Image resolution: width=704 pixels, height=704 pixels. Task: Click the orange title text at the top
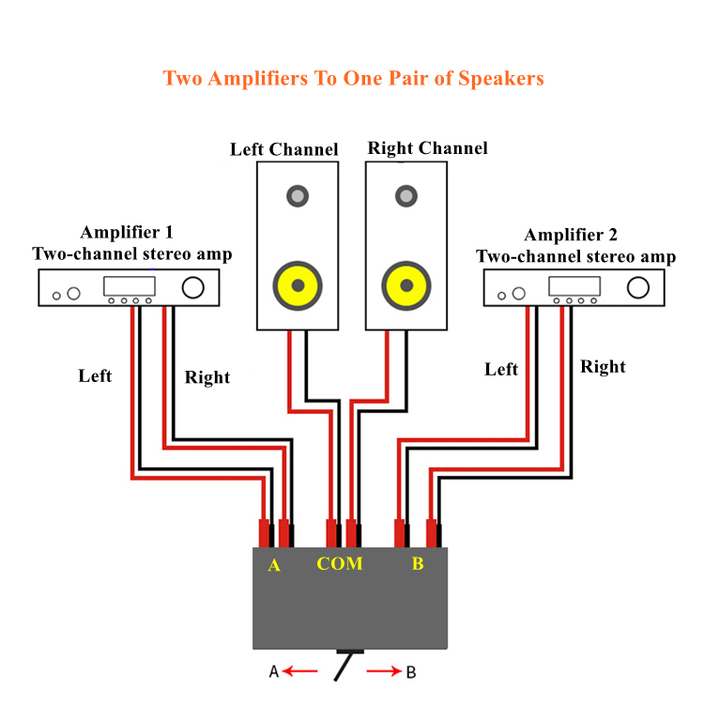coord(353,78)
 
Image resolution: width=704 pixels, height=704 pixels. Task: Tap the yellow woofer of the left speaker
coord(298,284)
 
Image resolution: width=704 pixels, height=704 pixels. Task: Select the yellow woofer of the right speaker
coord(406,284)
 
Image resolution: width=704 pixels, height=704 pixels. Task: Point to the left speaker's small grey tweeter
coord(298,196)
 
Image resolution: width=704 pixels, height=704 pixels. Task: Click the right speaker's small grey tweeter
coord(406,196)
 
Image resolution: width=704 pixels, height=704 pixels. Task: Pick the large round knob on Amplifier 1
coord(194,287)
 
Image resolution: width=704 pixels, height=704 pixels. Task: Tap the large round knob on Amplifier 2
coord(638,287)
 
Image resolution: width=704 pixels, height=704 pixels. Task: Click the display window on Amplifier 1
coord(129,286)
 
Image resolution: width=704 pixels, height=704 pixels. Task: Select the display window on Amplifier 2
coord(574,286)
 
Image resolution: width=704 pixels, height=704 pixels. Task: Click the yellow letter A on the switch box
coord(274,565)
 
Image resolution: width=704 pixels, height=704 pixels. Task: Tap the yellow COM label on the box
coord(339,564)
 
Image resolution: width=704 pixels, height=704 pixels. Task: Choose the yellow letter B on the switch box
coord(418,564)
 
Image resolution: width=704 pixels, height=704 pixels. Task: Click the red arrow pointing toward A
coord(301,671)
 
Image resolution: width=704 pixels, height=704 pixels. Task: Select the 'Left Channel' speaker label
coord(283,149)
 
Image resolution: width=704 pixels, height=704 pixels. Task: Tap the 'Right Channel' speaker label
coord(427,148)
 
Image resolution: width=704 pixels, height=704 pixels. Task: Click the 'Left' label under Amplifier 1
coord(95,375)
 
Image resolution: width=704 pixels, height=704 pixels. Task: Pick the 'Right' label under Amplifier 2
coord(603,366)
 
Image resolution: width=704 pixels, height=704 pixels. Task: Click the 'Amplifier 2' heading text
coord(571,235)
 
